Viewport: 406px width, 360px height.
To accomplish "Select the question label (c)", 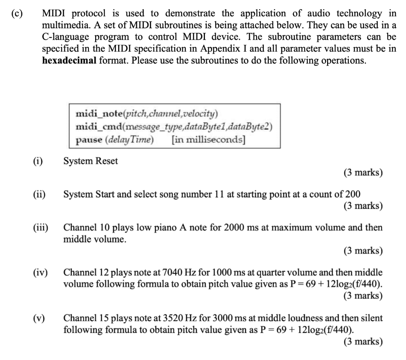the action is coord(17,13).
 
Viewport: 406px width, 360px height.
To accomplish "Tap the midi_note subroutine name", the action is coord(98,115).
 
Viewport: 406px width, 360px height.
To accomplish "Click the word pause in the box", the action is coord(88,140).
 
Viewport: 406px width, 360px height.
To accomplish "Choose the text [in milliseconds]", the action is coord(209,140).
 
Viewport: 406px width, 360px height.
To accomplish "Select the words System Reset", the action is coord(91,161).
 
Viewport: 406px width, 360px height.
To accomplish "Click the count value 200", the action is coord(353,194).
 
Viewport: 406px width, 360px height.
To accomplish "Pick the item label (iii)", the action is coord(40,228).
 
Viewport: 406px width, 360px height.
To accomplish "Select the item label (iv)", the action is coord(40,273).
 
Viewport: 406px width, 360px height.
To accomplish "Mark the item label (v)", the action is coord(39,318).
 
